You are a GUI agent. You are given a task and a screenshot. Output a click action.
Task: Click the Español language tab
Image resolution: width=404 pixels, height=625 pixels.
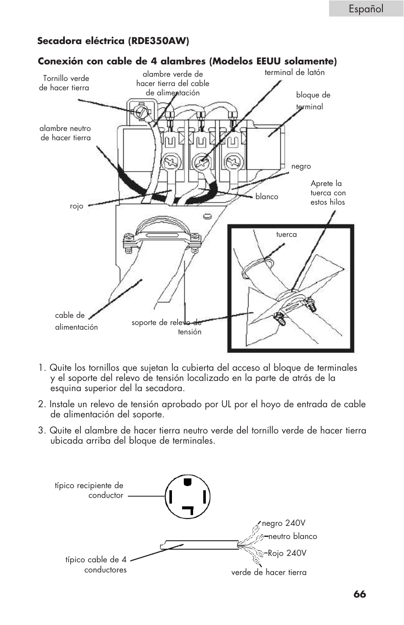[x=366, y=8]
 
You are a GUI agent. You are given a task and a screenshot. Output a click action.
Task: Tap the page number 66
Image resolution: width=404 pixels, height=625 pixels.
[x=360, y=594]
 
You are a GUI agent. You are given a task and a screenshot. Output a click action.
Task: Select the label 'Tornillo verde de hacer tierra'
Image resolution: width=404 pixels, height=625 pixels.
[x=64, y=83]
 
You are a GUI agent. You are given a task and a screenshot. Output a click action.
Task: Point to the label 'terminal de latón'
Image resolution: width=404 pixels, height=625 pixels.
[x=294, y=72]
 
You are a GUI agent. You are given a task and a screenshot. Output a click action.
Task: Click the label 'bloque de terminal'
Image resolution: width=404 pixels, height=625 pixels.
[x=313, y=101]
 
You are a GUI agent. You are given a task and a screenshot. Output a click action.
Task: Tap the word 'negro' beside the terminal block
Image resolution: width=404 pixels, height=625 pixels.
[x=301, y=167]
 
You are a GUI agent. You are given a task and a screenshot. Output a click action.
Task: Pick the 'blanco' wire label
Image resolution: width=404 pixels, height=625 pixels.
[x=267, y=197]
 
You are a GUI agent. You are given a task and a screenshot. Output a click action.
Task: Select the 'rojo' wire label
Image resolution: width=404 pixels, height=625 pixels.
[x=77, y=206]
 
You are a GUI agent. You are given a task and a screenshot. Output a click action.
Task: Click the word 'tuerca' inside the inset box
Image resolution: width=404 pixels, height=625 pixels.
[x=286, y=234]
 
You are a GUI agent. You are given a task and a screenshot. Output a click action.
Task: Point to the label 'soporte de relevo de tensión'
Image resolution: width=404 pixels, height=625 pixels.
[x=166, y=327]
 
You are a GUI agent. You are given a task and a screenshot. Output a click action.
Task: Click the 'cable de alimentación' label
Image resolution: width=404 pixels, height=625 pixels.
[x=76, y=321]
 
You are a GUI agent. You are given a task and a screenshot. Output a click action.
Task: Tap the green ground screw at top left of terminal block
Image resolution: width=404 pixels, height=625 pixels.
[x=140, y=112]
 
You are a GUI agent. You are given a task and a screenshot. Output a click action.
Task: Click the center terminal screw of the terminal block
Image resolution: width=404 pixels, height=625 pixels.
[x=201, y=161]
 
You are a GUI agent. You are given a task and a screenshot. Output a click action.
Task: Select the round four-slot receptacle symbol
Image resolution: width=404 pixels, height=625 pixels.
[x=187, y=497]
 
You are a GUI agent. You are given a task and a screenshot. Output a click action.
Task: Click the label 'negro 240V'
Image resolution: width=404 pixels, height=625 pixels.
[x=283, y=523]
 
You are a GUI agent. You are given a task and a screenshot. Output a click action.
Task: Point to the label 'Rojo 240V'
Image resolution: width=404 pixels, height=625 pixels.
[x=287, y=553]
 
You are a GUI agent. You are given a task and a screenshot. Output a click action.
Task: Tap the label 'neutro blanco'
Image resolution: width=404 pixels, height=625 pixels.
[x=292, y=536]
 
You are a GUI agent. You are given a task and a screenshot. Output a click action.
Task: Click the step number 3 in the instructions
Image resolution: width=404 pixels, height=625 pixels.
[x=41, y=431]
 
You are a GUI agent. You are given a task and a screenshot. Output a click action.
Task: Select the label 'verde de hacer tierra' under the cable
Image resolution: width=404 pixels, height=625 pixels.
[x=268, y=572]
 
